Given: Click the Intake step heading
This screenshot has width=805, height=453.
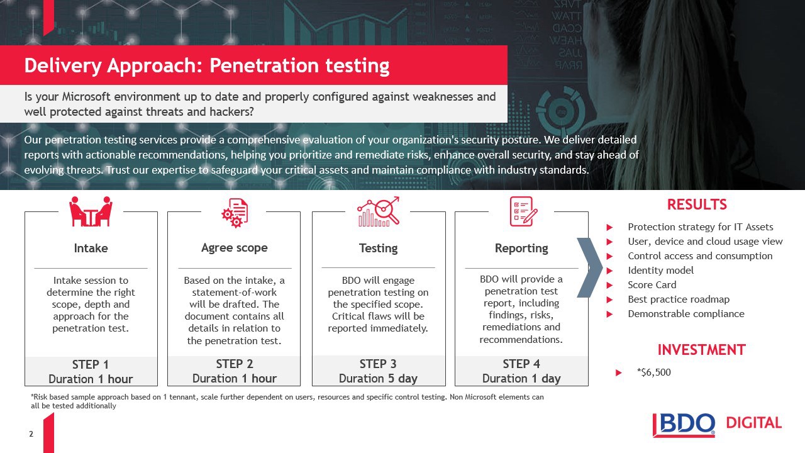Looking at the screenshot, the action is point(91,248).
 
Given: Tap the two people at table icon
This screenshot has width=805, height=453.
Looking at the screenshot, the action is point(91,211).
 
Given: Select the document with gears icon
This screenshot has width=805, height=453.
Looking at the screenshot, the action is point(235,213).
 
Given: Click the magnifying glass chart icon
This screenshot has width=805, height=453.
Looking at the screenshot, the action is point(379,212).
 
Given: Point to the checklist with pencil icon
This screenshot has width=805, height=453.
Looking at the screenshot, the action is point(524,211).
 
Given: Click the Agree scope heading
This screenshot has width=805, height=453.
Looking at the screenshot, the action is point(235,248).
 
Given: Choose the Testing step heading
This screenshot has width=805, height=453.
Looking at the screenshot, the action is point(379,248).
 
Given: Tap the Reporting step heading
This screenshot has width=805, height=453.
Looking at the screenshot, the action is point(521,248).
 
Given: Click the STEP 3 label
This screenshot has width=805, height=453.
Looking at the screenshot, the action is point(378,364).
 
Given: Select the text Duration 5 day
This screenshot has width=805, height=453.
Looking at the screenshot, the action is point(378,378).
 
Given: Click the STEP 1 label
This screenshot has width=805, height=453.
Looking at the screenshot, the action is point(91,364).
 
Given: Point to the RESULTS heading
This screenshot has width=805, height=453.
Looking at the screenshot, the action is point(697,204).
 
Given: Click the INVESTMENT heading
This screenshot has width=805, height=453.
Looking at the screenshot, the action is point(701,350).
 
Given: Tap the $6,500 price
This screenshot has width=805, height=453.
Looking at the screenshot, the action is point(653,372).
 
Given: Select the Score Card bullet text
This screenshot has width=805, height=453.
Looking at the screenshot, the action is point(652,285).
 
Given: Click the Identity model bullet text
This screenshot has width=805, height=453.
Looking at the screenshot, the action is point(660,271).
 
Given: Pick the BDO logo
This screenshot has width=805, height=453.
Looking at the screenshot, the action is point(684,425).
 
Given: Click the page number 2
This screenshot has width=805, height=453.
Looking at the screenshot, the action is point(31,434).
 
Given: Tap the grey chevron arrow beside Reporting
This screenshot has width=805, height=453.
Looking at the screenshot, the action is point(590,267).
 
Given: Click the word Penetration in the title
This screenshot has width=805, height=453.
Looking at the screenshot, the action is point(264,65).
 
